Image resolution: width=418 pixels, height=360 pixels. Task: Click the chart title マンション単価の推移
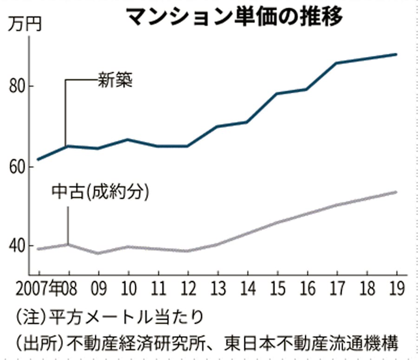tap(234, 17)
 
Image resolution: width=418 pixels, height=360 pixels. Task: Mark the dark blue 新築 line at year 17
tap(336, 63)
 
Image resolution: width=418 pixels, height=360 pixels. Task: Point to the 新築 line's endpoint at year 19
tap(396, 54)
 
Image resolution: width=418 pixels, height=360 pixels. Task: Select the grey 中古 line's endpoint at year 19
tap(396, 192)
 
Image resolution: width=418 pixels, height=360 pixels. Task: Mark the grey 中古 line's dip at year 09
tap(98, 253)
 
